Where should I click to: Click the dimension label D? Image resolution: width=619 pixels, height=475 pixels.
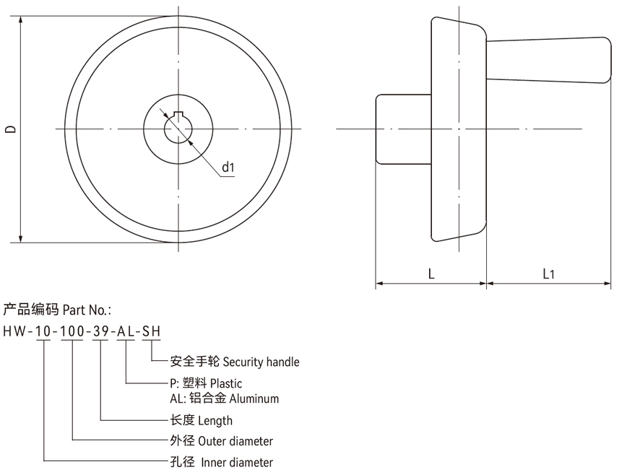pyautogui.click(x=10, y=129)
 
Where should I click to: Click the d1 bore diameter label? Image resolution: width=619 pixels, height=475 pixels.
pyautogui.click(x=228, y=167)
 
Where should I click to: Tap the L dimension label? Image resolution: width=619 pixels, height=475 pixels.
pyautogui.click(x=430, y=274)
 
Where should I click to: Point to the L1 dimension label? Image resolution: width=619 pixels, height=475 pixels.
pyautogui.click(x=549, y=274)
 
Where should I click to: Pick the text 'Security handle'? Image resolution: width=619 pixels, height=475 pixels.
pyautogui.click(x=261, y=362)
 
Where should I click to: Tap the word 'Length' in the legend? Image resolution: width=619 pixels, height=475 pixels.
pyautogui.click(x=215, y=420)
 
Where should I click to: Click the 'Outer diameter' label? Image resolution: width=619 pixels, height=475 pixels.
pyautogui.click(x=235, y=441)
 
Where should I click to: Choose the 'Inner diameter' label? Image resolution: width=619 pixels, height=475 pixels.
pyautogui.click(x=237, y=462)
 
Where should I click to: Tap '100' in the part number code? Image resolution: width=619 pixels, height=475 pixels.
pyautogui.click(x=72, y=331)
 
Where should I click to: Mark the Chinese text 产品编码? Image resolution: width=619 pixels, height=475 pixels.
pyautogui.click(x=30, y=310)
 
